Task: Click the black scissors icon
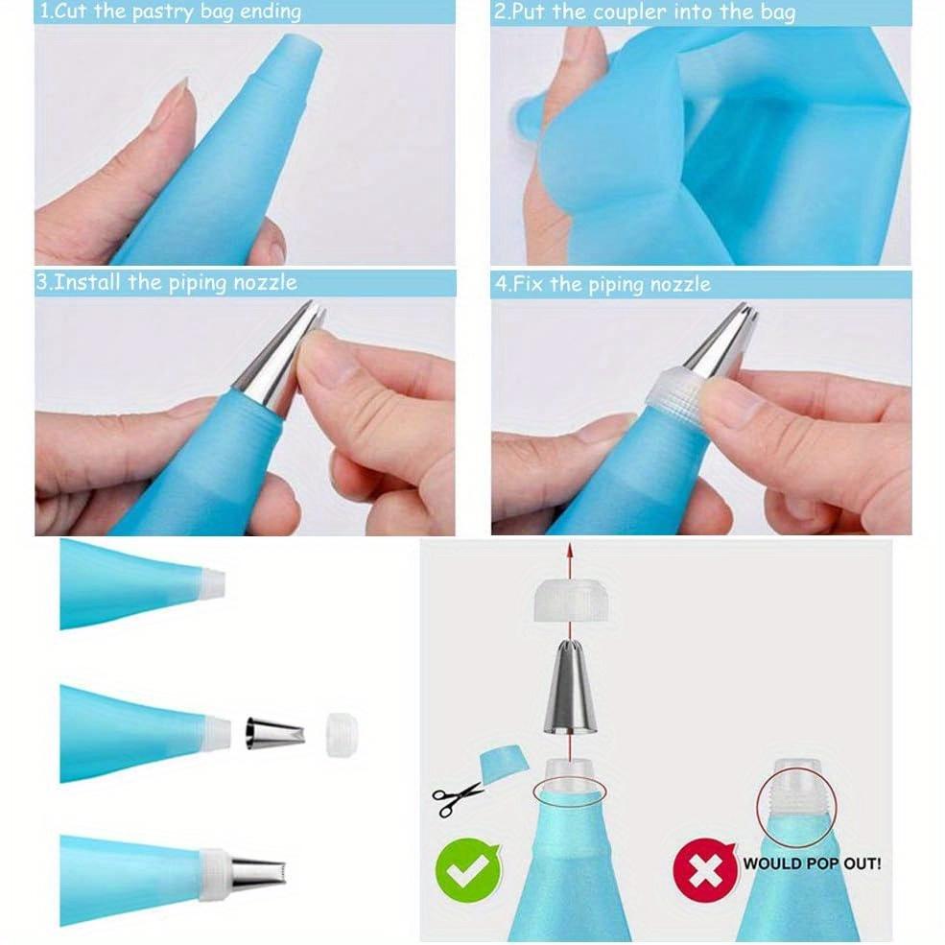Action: click(457, 798)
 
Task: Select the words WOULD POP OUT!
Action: click(812, 863)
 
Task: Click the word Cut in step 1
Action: click(76, 12)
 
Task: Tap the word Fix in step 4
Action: click(530, 284)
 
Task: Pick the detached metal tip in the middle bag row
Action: click(274, 733)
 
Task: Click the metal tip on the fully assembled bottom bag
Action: click(256, 874)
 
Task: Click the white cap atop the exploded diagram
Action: click(569, 600)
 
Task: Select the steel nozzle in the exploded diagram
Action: click(570, 690)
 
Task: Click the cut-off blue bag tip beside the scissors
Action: click(503, 762)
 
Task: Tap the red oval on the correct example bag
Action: click(570, 792)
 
